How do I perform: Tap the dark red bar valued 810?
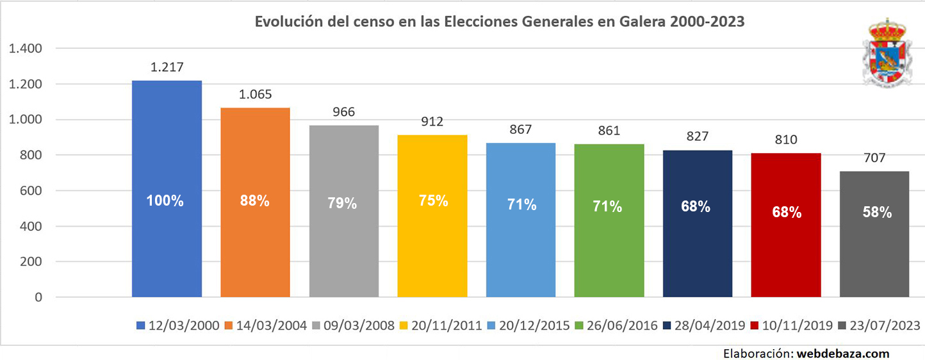(x=785, y=256)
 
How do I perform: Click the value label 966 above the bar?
(x=343, y=112)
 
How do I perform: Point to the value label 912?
(x=432, y=122)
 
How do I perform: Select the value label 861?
(x=609, y=131)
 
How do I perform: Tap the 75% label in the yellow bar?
(x=433, y=200)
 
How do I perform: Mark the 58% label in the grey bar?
(x=876, y=213)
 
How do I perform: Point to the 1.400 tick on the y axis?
(x=26, y=49)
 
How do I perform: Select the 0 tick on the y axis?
(x=39, y=297)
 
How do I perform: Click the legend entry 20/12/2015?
(x=534, y=325)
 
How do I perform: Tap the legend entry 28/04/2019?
(x=710, y=325)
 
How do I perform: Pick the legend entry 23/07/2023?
(x=885, y=325)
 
